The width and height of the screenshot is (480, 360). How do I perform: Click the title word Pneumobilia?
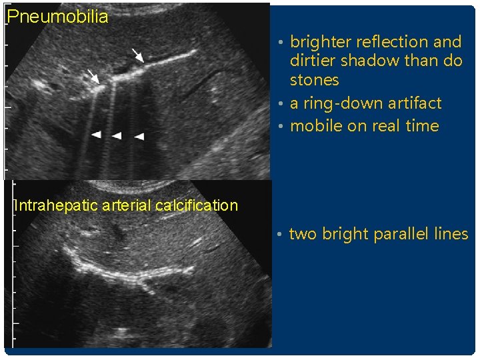(x=57, y=17)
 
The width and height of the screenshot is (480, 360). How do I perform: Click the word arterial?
(x=127, y=205)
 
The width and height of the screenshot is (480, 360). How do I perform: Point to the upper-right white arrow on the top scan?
(x=137, y=54)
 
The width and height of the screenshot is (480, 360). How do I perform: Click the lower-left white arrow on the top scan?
(x=93, y=76)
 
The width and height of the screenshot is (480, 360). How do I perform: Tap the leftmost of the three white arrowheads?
(x=96, y=135)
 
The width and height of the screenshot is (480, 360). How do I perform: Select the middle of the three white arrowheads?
(x=117, y=135)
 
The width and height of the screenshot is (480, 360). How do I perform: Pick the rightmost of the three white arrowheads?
(x=139, y=136)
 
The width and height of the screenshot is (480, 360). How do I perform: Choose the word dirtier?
(x=313, y=61)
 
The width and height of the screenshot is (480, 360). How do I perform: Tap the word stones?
(x=314, y=80)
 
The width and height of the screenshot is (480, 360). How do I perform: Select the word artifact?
(x=417, y=103)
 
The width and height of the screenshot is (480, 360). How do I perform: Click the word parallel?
(x=403, y=234)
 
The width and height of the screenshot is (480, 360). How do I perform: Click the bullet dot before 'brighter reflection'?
(x=282, y=43)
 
